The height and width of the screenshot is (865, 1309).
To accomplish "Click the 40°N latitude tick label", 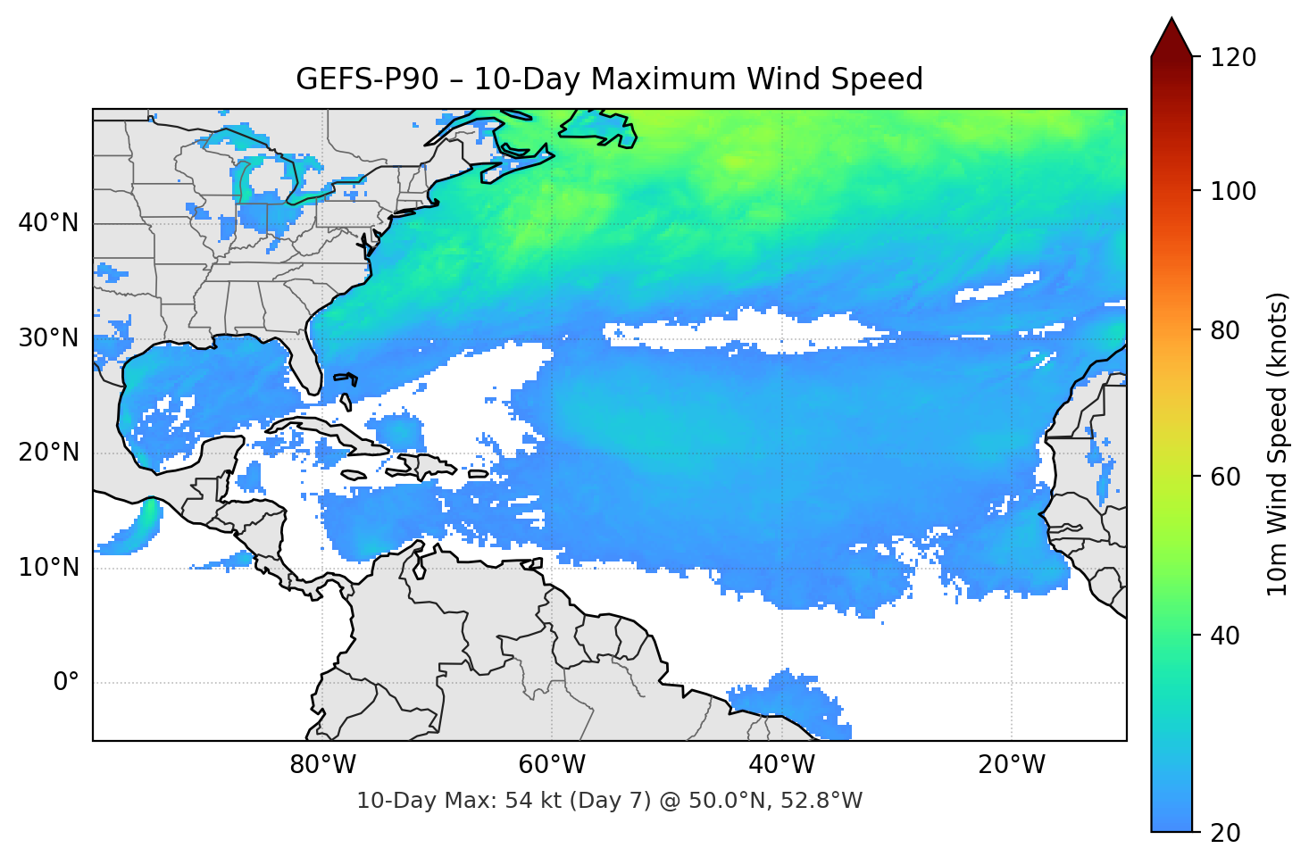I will coord(48,223).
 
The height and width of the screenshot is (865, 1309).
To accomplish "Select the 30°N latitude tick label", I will coord(48,338).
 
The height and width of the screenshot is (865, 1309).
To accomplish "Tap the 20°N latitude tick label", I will coord(48,453).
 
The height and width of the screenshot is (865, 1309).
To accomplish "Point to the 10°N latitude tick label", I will coord(48,568).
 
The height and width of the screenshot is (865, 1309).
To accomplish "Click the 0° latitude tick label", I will coord(66,683).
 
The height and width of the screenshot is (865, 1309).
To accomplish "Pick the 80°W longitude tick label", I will coord(322,765).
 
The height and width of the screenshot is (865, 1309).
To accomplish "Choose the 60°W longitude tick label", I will coord(552,765).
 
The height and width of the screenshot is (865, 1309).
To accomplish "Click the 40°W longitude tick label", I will coord(781,765).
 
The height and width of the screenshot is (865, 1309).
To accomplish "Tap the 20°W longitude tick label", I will coord(1011,765).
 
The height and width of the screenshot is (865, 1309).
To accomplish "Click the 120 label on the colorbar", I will coord(1233,58).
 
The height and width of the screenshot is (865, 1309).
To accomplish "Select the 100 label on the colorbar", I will coord(1233,191).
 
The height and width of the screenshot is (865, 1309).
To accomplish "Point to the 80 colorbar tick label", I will coord(1225,330).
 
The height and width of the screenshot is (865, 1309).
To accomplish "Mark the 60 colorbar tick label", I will coord(1225,477).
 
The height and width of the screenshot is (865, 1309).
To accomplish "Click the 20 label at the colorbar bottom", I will coord(1225,833).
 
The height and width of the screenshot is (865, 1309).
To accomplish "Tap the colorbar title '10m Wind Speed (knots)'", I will coord(1278,444).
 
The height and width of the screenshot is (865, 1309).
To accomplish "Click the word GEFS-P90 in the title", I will coord(367,79).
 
